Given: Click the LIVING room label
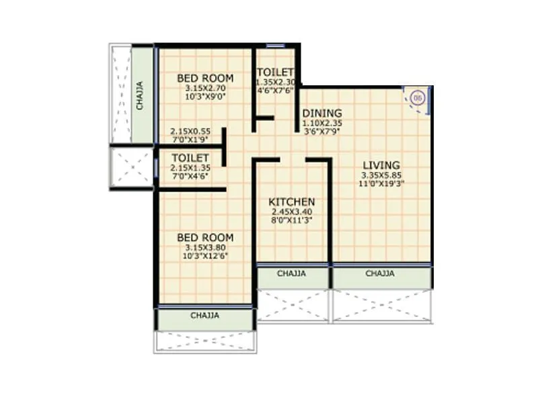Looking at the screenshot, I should click(x=381, y=165).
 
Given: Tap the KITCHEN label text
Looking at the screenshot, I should click(x=291, y=201).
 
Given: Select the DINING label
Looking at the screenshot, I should click(x=321, y=113).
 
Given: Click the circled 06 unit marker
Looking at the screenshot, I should click(x=417, y=99).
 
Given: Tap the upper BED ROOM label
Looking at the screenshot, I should click(x=205, y=79).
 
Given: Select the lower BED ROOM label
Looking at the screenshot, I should click(x=205, y=238).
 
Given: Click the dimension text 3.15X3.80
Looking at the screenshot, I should click(x=205, y=248).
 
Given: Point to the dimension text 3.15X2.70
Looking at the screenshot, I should click(x=205, y=88).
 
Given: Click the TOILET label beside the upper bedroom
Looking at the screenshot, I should click(x=275, y=73).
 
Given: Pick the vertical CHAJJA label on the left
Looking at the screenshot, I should click(x=140, y=95).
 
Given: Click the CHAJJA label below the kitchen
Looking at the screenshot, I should click(x=291, y=274).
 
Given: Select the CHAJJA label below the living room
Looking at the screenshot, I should click(x=380, y=274).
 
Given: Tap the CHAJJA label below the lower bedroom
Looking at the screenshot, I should click(x=204, y=315).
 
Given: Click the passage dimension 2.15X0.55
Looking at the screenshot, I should click(x=190, y=132).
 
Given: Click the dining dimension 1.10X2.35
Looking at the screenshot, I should click(x=321, y=124).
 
